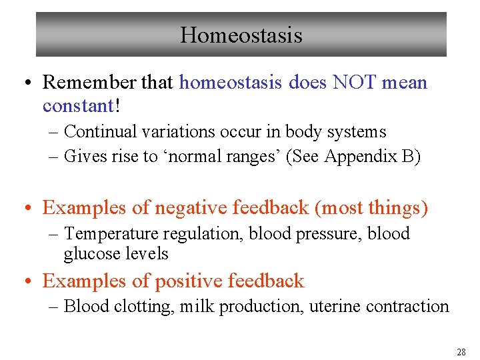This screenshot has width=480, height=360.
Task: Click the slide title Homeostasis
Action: pos(241,35)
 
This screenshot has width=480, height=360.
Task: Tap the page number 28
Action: pos(461,351)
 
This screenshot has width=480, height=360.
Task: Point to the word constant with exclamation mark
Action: pos(80,105)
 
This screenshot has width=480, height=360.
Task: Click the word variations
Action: pos(170,132)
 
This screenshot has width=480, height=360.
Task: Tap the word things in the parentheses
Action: pos(396,208)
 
